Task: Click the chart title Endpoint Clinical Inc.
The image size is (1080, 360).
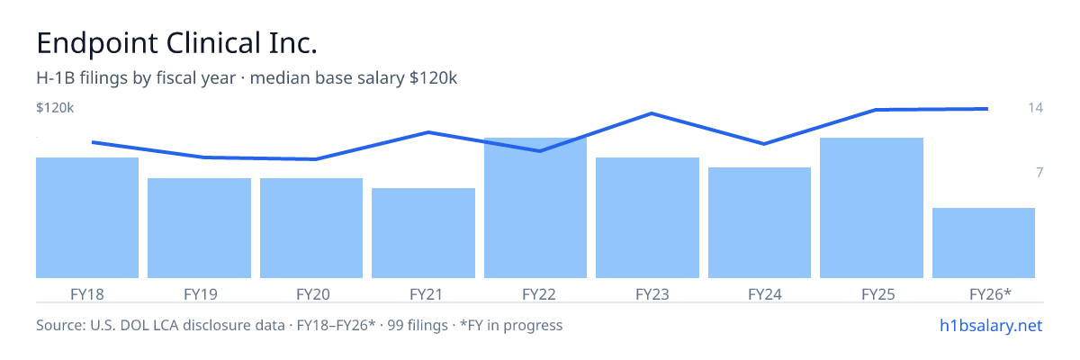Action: tap(176, 43)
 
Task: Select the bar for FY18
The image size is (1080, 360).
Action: tap(87, 218)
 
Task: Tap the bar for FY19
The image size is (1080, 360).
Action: tap(199, 228)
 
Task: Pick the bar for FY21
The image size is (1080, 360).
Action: tap(423, 233)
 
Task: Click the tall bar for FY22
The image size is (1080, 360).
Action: tap(535, 208)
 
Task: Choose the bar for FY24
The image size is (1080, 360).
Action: tap(760, 222)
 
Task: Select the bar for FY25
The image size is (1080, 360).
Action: tap(872, 208)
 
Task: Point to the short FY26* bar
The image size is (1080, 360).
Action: tap(984, 243)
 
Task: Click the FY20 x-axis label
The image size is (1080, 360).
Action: tap(313, 294)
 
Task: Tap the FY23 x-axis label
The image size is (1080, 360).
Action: tap(652, 294)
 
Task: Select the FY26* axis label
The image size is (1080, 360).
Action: tap(990, 294)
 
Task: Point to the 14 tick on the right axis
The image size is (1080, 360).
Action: tap(1035, 107)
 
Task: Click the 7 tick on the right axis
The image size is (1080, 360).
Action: tap(1039, 173)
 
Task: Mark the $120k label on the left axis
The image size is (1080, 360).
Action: tap(55, 108)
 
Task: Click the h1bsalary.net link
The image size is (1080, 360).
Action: tap(991, 326)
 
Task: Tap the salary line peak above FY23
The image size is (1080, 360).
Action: tap(652, 113)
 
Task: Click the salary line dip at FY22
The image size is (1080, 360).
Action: tap(539, 151)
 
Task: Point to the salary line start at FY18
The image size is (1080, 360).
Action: tap(93, 142)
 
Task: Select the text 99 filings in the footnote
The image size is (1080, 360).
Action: tap(418, 326)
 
